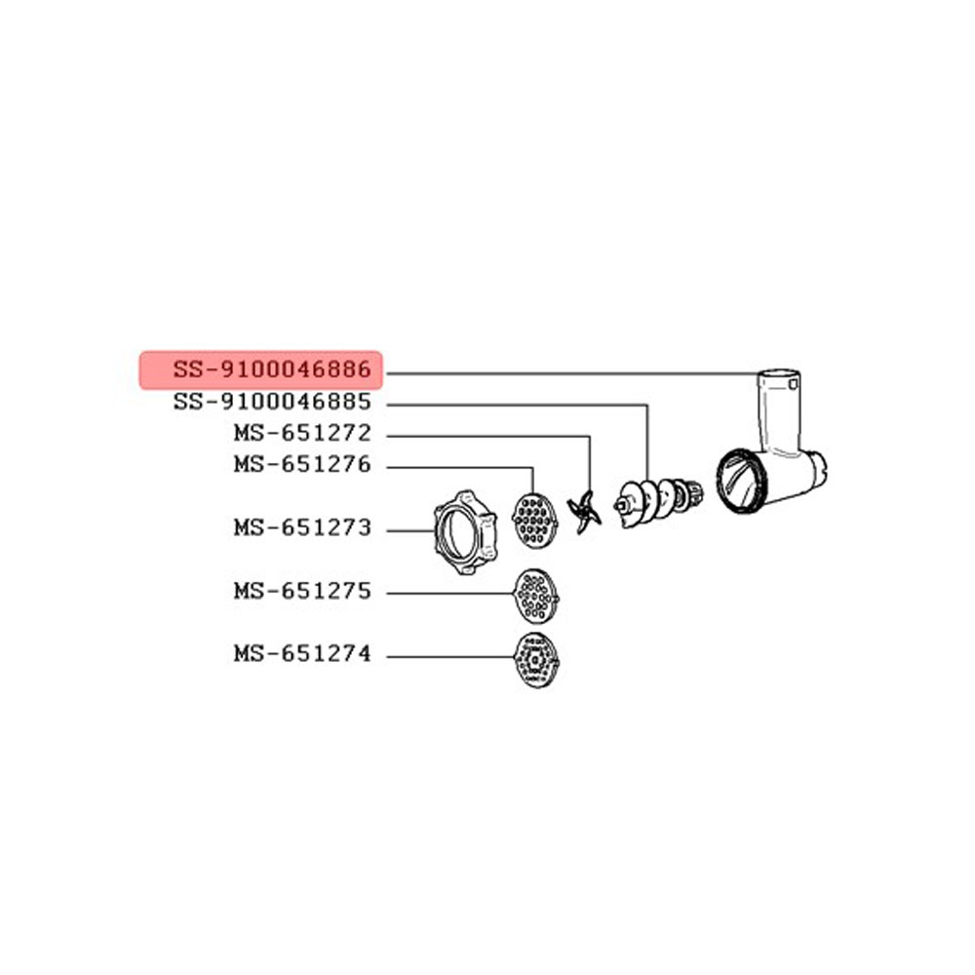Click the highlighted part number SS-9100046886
[272, 370]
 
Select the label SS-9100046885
[272, 402]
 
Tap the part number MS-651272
[302, 433]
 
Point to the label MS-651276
[302, 464]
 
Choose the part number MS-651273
[302, 527]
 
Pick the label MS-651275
[302, 591]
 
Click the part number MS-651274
[302, 653]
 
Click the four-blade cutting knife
[583, 512]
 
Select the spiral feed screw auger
[658, 500]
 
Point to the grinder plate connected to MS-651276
[534, 521]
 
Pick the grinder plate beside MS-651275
[535, 596]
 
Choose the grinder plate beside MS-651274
[536, 660]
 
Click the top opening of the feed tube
[778, 375]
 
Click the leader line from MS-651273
[409, 531]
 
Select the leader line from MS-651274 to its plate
[450, 656]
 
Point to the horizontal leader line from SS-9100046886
[572, 373]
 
